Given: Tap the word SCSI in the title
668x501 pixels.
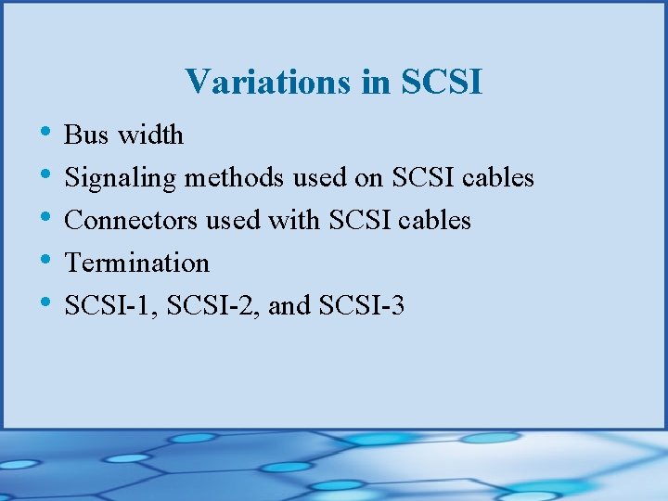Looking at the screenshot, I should point(442,82).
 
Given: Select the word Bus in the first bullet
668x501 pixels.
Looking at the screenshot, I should point(86,135).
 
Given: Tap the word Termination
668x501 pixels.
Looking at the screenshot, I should point(136,263).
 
